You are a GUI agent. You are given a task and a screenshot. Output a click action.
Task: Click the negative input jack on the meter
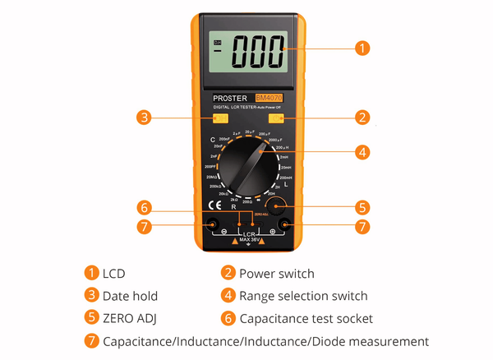[x=213, y=225]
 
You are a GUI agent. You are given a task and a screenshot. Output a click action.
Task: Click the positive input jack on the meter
[x=283, y=225]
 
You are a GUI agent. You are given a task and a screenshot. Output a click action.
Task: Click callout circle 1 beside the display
[x=362, y=48]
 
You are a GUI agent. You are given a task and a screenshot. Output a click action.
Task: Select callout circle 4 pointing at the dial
[x=362, y=151]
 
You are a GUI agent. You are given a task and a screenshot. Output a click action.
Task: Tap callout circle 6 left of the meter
[x=145, y=206]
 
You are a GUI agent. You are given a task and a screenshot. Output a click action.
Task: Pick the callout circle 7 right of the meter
[x=362, y=225]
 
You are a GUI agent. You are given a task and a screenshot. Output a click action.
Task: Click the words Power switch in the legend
[x=277, y=273]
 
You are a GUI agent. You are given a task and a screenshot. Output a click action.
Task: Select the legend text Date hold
[x=130, y=296]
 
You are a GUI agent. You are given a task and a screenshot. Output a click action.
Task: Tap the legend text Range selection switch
[x=303, y=296]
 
